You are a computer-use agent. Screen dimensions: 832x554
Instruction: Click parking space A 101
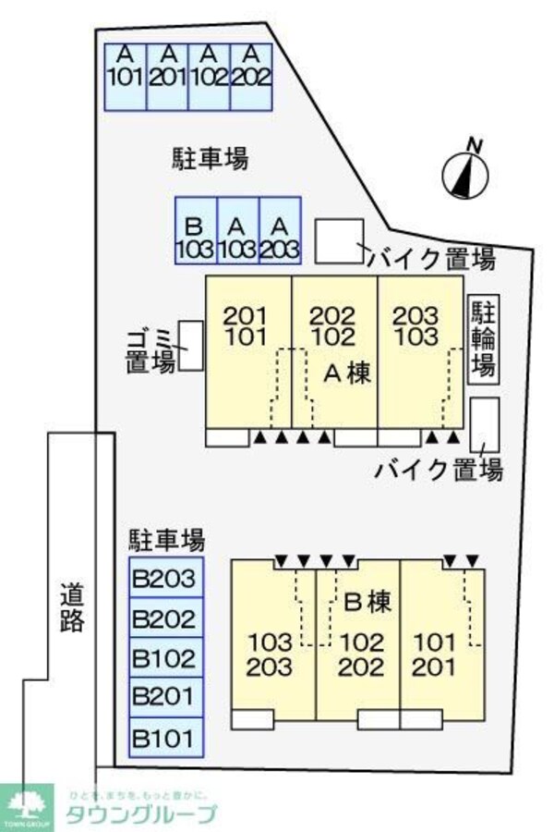pyautogui.click(x=125, y=66)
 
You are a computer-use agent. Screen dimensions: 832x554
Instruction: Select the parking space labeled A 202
pyautogui.click(x=251, y=66)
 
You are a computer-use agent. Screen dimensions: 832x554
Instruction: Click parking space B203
pyautogui.click(x=164, y=580)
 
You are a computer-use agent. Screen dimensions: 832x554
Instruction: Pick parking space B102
pyautogui.click(x=164, y=658)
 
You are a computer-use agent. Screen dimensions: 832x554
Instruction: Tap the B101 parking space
pyautogui.click(x=164, y=738)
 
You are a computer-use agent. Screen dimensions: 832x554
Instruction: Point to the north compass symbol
pyautogui.click(x=466, y=171)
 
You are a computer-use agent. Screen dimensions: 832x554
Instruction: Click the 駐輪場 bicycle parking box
pyautogui.click(x=482, y=339)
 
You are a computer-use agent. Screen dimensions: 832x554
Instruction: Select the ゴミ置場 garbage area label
pyautogui.click(x=151, y=349)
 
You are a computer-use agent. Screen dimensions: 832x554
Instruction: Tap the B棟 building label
pyautogui.click(x=367, y=603)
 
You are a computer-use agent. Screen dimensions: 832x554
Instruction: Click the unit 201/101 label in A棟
pyautogui.click(x=245, y=326)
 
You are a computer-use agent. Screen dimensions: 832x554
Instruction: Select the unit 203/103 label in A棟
pyautogui.click(x=417, y=326)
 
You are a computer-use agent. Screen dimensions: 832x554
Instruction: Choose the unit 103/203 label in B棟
pyautogui.click(x=271, y=654)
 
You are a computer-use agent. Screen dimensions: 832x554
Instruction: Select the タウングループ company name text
pyautogui.click(x=140, y=814)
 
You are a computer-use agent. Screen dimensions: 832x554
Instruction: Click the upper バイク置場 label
pyautogui.click(x=432, y=260)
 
